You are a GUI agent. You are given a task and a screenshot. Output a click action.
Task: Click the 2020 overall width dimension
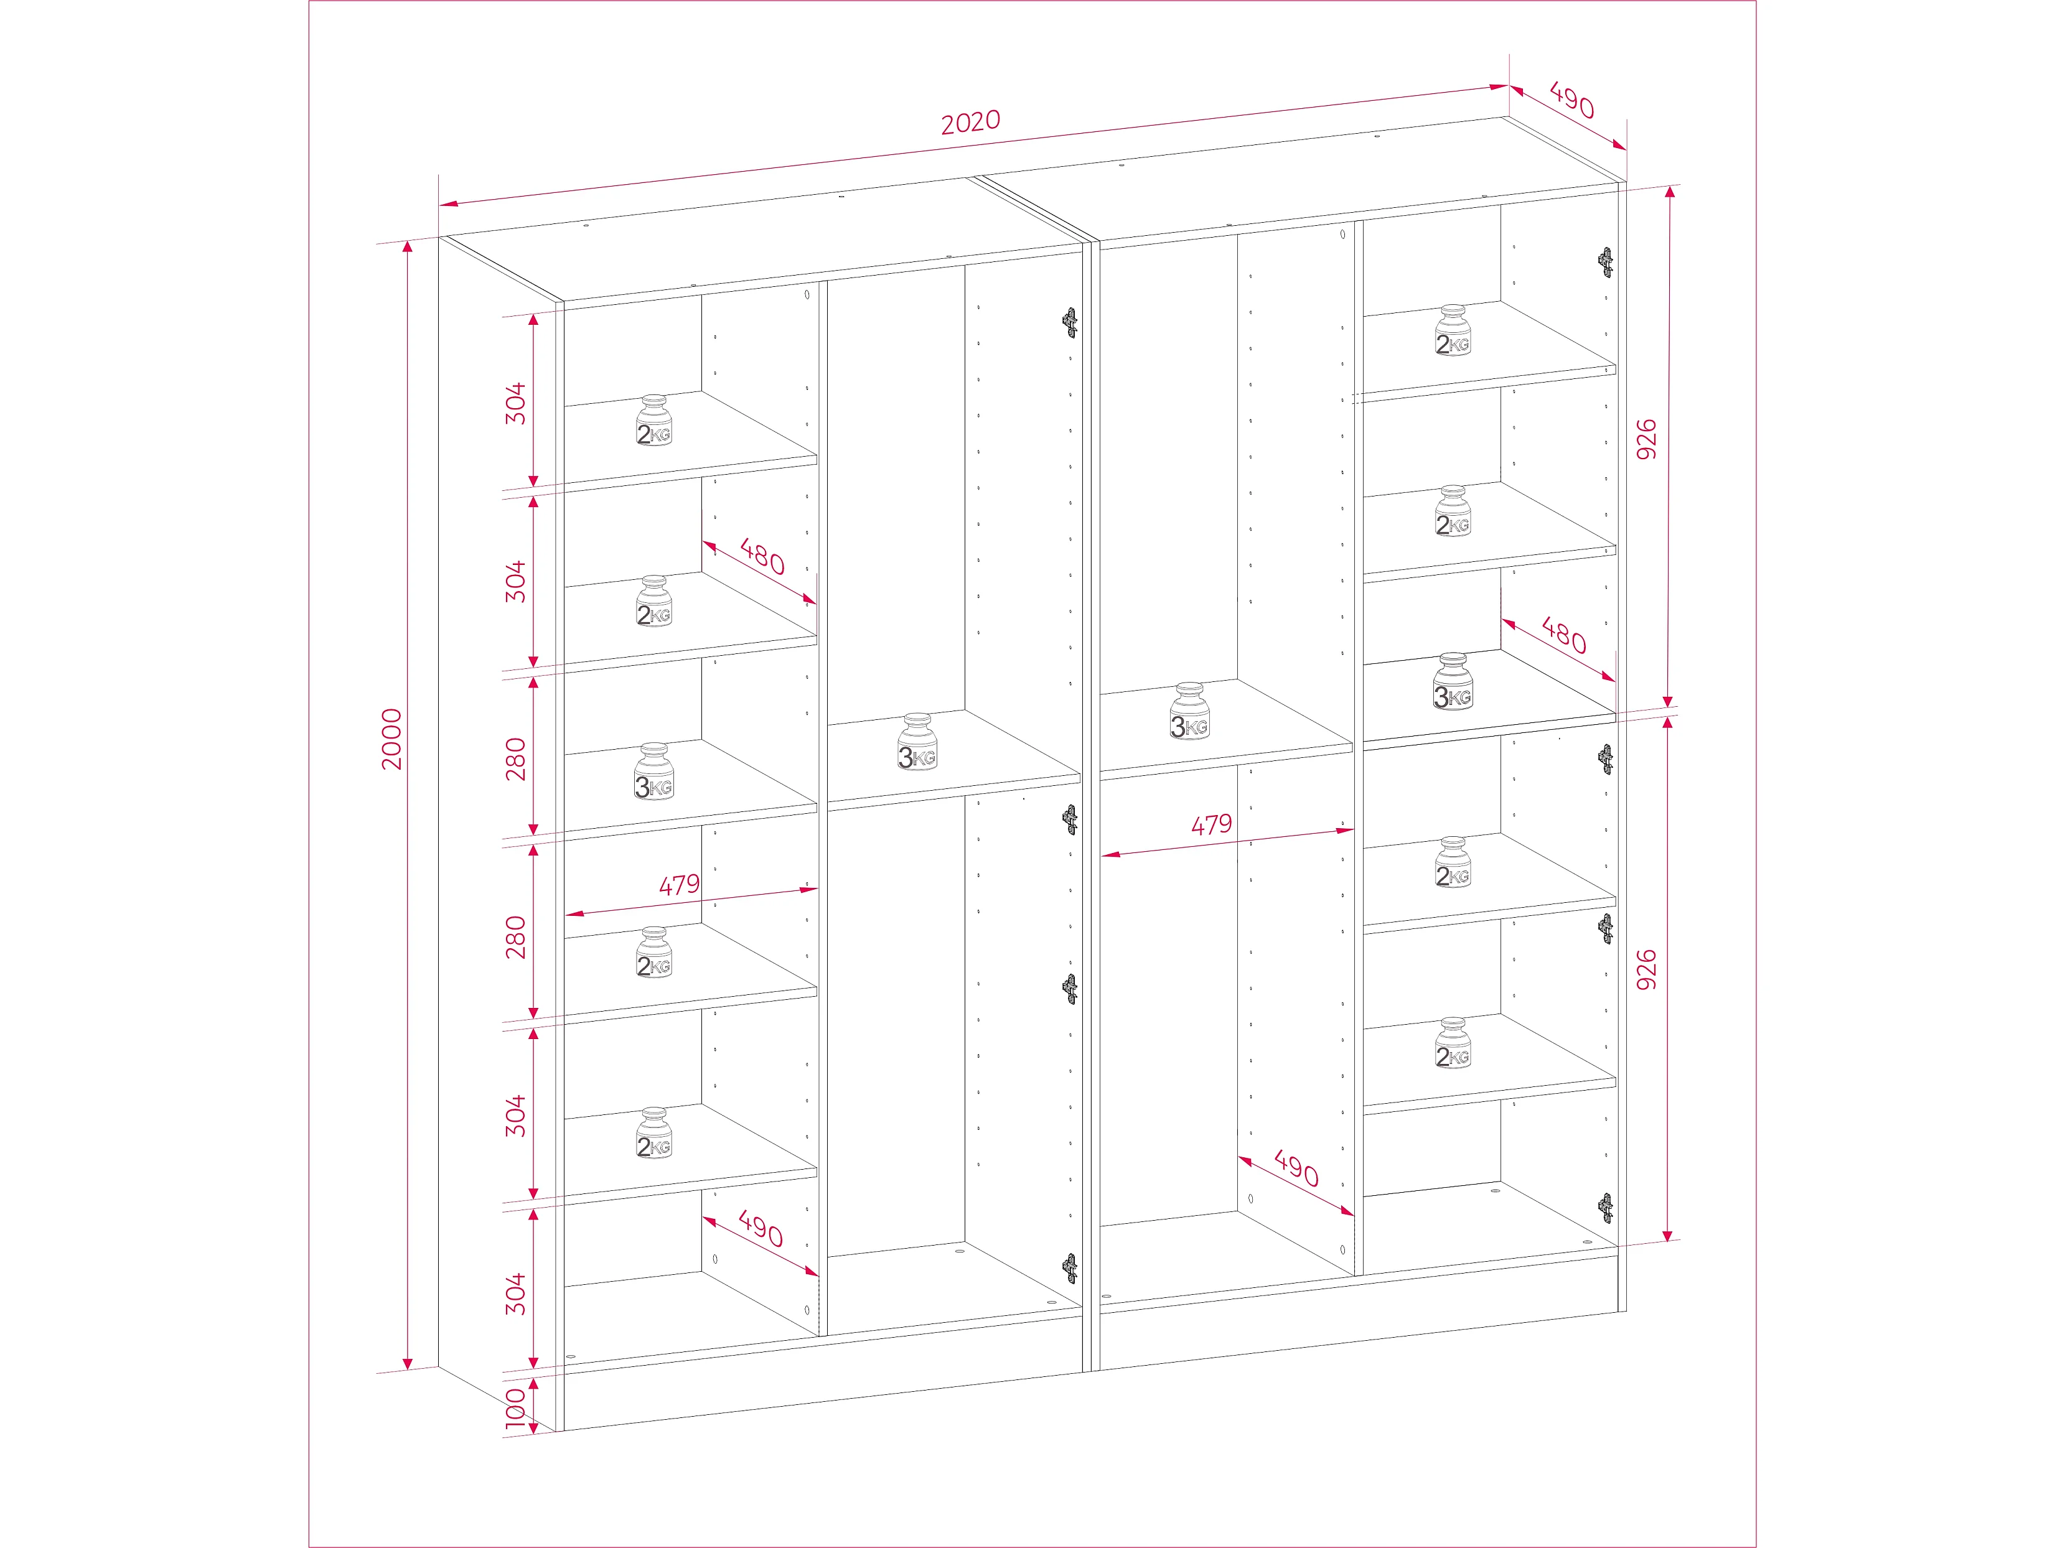971,121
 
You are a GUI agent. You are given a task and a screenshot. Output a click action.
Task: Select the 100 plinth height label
515,1408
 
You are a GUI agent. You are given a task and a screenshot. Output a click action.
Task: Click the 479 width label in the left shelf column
680,884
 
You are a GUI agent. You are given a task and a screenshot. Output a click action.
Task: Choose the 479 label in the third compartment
1212,824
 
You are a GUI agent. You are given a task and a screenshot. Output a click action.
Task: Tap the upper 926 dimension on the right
1647,439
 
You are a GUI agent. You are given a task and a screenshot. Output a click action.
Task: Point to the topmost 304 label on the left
515,403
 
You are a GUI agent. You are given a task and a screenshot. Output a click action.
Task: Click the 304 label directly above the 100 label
515,1294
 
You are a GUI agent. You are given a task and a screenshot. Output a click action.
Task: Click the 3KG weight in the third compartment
1189,711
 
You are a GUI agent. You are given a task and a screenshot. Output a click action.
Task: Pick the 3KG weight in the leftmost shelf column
653,772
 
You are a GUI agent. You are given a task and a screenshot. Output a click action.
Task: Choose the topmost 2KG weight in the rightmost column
1453,330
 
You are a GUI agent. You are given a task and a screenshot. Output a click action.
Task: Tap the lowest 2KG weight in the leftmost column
653,1134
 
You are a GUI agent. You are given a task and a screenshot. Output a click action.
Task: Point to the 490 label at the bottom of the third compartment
1297,1168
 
